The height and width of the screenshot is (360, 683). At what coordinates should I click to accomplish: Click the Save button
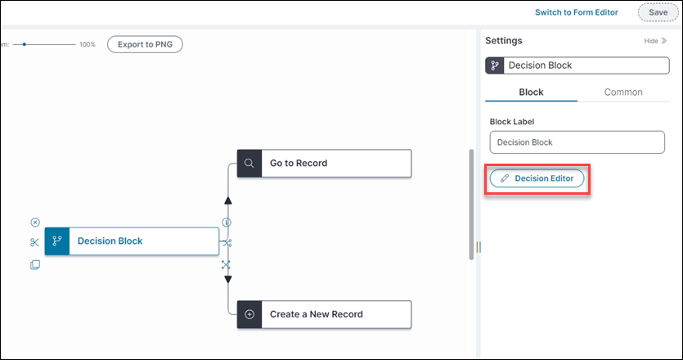point(658,12)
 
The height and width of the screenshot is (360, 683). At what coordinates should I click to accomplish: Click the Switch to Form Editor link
point(576,12)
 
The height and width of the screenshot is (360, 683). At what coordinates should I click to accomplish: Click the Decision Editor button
point(537,178)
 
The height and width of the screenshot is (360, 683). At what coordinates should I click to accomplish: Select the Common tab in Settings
point(623,92)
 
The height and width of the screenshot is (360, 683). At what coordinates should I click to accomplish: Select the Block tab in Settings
point(531,92)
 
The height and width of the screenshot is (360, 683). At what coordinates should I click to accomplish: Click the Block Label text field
point(577,142)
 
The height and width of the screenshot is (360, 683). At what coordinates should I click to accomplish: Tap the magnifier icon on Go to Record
point(249,163)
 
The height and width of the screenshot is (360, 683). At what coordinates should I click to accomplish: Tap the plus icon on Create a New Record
point(249,314)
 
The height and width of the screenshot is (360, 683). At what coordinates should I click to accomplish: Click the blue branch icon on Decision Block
point(57,241)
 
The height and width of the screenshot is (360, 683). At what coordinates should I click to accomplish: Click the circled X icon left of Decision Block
point(34,223)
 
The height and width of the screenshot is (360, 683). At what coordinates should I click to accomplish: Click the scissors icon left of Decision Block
point(34,242)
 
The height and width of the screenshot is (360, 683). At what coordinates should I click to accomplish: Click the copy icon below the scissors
point(34,264)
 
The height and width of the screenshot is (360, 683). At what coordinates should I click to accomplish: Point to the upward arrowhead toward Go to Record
point(227,200)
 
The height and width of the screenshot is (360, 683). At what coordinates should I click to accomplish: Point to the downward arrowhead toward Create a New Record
point(227,280)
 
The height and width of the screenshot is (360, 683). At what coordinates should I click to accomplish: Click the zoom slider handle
point(25,44)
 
